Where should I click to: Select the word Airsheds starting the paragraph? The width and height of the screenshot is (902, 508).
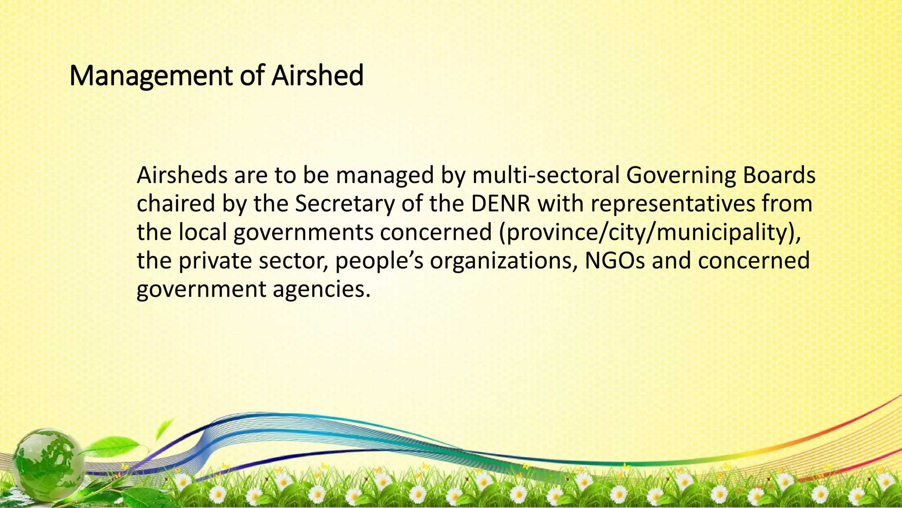click(181, 175)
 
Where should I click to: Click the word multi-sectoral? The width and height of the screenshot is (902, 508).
click(546, 175)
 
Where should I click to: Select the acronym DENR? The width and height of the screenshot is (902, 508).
click(500, 204)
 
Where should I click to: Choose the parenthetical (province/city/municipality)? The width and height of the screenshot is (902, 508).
click(650, 233)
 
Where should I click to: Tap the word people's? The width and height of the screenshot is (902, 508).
click(379, 261)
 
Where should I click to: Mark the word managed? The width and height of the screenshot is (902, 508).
click(385, 176)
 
